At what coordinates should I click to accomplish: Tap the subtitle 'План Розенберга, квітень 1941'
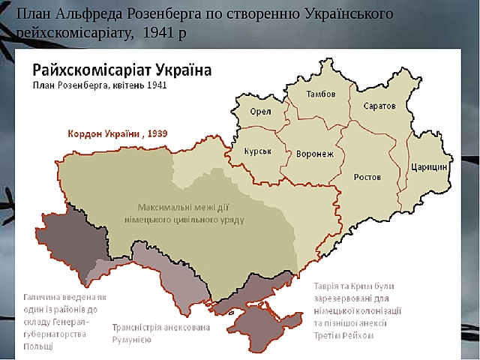click(99, 85)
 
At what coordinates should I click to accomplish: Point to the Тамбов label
click(321, 94)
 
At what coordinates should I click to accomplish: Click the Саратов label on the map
click(379, 106)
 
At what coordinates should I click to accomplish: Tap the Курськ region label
click(257, 151)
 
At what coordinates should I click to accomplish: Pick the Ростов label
click(367, 177)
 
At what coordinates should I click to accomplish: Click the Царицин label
click(429, 166)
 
